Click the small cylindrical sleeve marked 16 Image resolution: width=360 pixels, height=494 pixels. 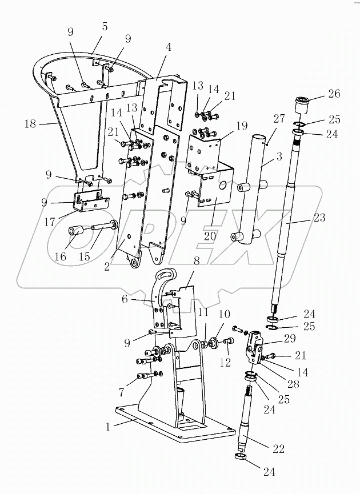(x=76, y=232)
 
